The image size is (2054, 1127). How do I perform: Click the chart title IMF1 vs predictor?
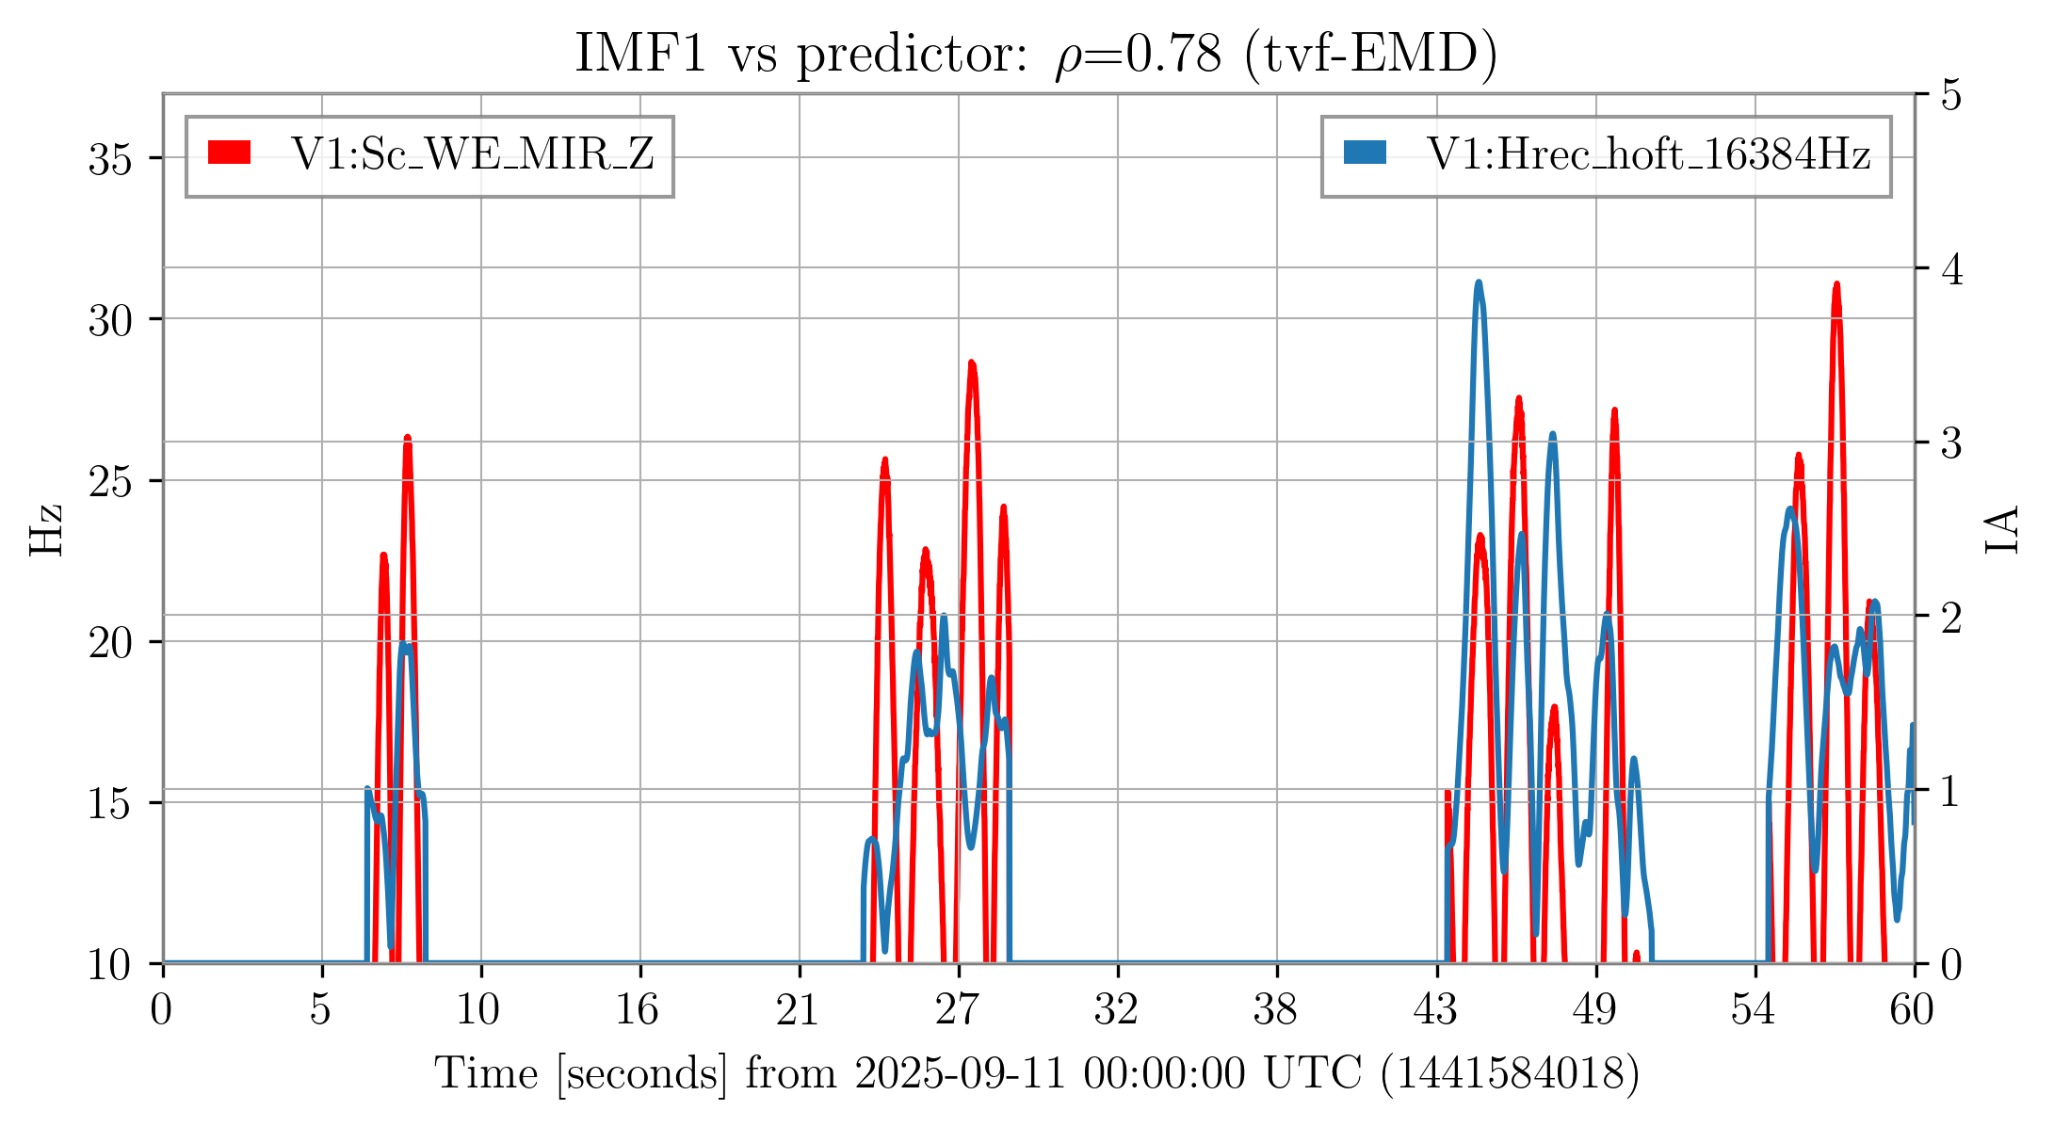point(1036,54)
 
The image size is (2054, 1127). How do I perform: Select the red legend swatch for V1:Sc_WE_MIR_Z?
point(230,153)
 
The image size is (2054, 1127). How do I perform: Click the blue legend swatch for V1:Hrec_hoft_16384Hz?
point(1365,153)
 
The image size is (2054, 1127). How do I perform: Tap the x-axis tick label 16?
point(639,1011)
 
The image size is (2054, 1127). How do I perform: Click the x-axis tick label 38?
point(1276,1011)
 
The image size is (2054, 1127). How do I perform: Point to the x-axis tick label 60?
point(1912,1011)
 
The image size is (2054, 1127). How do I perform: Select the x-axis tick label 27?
point(958,1011)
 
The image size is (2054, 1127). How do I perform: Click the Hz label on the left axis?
point(46,529)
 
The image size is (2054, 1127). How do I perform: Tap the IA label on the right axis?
point(2004,529)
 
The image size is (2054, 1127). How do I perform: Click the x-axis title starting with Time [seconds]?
point(1036,1074)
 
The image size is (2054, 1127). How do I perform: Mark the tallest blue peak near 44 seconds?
point(1479,283)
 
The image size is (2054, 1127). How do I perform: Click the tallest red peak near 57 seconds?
point(1836,285)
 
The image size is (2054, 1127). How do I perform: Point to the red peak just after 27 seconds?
point(972,364)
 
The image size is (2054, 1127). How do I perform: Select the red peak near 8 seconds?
point(408,439)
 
